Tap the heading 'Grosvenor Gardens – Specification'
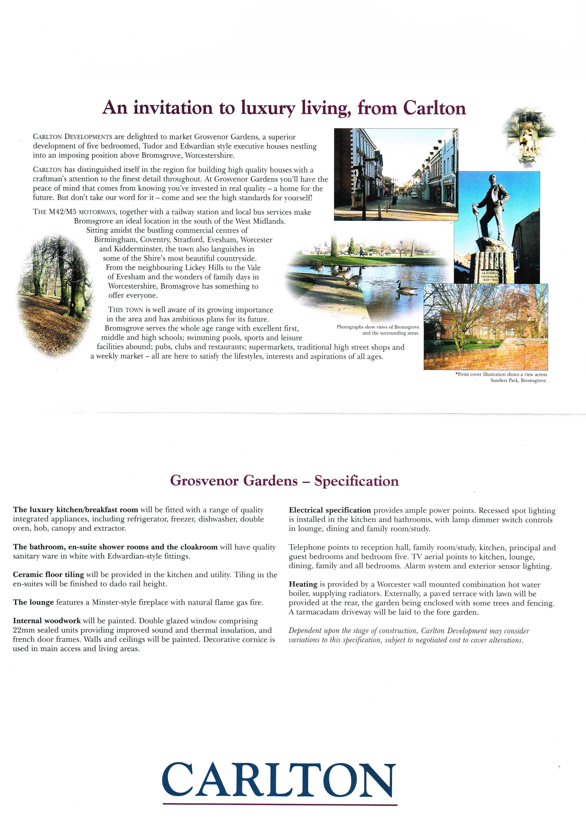284,481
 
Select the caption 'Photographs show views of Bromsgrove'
378,327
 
